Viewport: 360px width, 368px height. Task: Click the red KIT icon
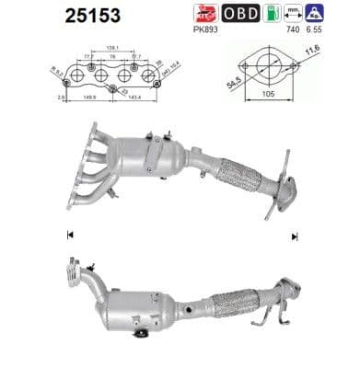click(204, 14)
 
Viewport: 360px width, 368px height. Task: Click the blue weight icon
click(317, 13)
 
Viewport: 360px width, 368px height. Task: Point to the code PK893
click(206, 30)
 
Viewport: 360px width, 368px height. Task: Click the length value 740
click(294, 30)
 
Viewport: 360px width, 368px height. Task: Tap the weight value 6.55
click(318, 30)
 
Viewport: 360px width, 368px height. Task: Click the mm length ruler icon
click(294, 13)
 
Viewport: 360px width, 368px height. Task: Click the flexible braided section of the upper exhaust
click(238, 175)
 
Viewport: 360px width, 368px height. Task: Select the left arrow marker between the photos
click(70, 236)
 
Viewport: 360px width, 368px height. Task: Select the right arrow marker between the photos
click(295, 236)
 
